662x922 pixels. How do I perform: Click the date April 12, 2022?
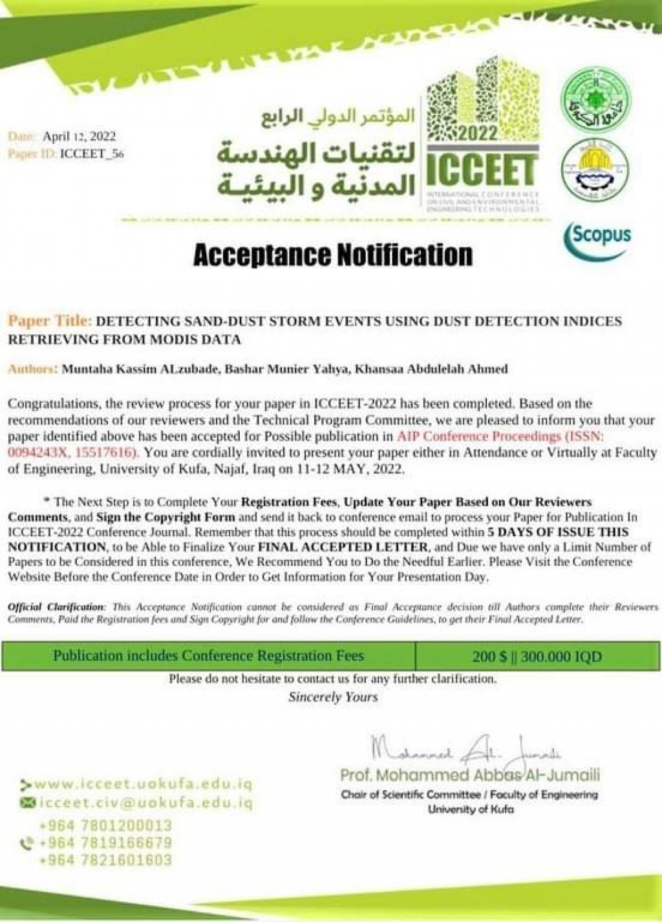[x=79, y=136]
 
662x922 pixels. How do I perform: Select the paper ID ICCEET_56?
[x=91, y=154]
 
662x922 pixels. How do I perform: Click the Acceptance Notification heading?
[x=332, y=255]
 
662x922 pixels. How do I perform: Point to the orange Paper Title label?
[x=50, y=321]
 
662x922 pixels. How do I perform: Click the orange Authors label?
[x=32, y=369]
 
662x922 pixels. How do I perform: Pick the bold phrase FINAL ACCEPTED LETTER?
[x=338, y=547]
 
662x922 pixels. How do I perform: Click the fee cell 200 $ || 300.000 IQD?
[x=537, y=657]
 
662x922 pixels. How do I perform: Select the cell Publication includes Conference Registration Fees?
[x=208, y=656]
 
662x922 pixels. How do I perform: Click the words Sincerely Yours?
[x=333, y=697]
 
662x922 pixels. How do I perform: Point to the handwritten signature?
[x=465, y=751]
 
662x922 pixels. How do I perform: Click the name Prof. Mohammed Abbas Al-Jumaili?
[x=470, y=775]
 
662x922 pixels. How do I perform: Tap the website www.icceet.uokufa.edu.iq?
[x=143, y=784]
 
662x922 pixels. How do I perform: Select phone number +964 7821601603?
[x=105, y=861]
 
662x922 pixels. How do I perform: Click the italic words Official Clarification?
[x=56, y=607]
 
